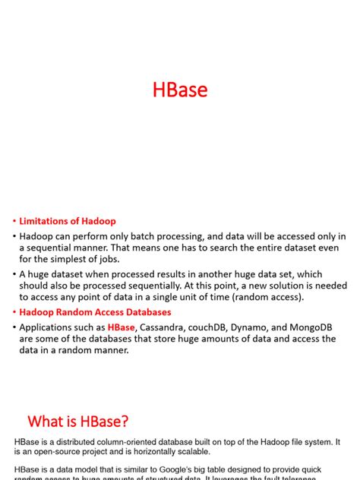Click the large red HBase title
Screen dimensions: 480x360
tap(180, 90)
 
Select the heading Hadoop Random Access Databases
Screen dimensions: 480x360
tap(95, 312)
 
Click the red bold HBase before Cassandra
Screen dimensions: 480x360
tap(122, 327)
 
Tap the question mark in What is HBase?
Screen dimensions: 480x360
tap(125, 421)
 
